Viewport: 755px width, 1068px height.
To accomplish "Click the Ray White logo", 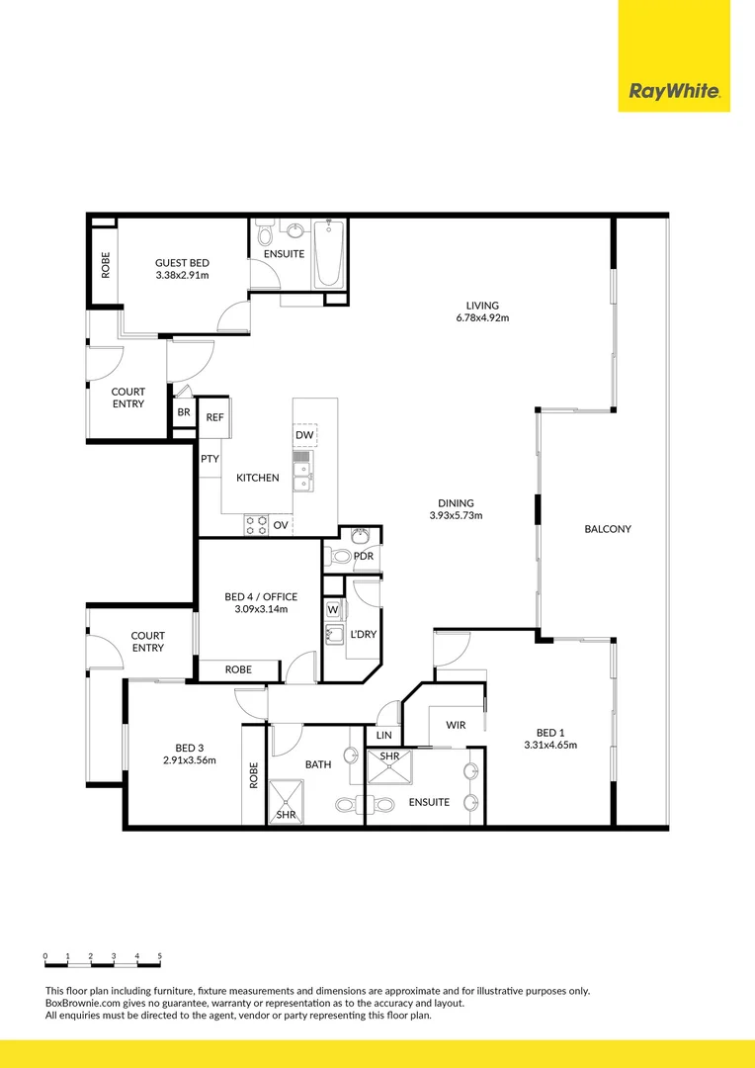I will point(674,93).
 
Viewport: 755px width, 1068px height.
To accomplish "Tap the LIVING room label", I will point(482,306).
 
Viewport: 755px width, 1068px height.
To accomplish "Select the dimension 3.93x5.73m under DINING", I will point(456,515).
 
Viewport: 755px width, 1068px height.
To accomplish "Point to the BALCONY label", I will point(608,529).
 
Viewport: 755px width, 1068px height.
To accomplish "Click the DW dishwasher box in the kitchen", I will point(304,435).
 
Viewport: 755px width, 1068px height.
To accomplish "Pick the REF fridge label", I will point(214,417).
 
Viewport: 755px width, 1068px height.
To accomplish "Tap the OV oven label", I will point(281,524).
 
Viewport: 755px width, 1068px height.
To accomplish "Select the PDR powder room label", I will point(363,556).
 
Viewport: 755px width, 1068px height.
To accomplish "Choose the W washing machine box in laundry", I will point(333,609).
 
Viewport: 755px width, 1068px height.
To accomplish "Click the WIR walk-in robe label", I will point(455,726).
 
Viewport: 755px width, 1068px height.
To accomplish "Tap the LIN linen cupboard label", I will point(384,736).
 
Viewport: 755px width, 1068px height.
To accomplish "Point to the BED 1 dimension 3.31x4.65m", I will point(550,745).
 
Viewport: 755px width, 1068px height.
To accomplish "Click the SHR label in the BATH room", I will point(286,814).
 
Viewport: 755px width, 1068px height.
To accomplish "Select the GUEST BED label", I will point(182,263).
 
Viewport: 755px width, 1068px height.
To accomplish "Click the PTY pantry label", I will point(210,459).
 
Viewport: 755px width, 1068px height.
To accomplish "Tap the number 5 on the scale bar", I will point(160,956).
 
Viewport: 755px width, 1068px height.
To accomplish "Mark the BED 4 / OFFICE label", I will point(260,597).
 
